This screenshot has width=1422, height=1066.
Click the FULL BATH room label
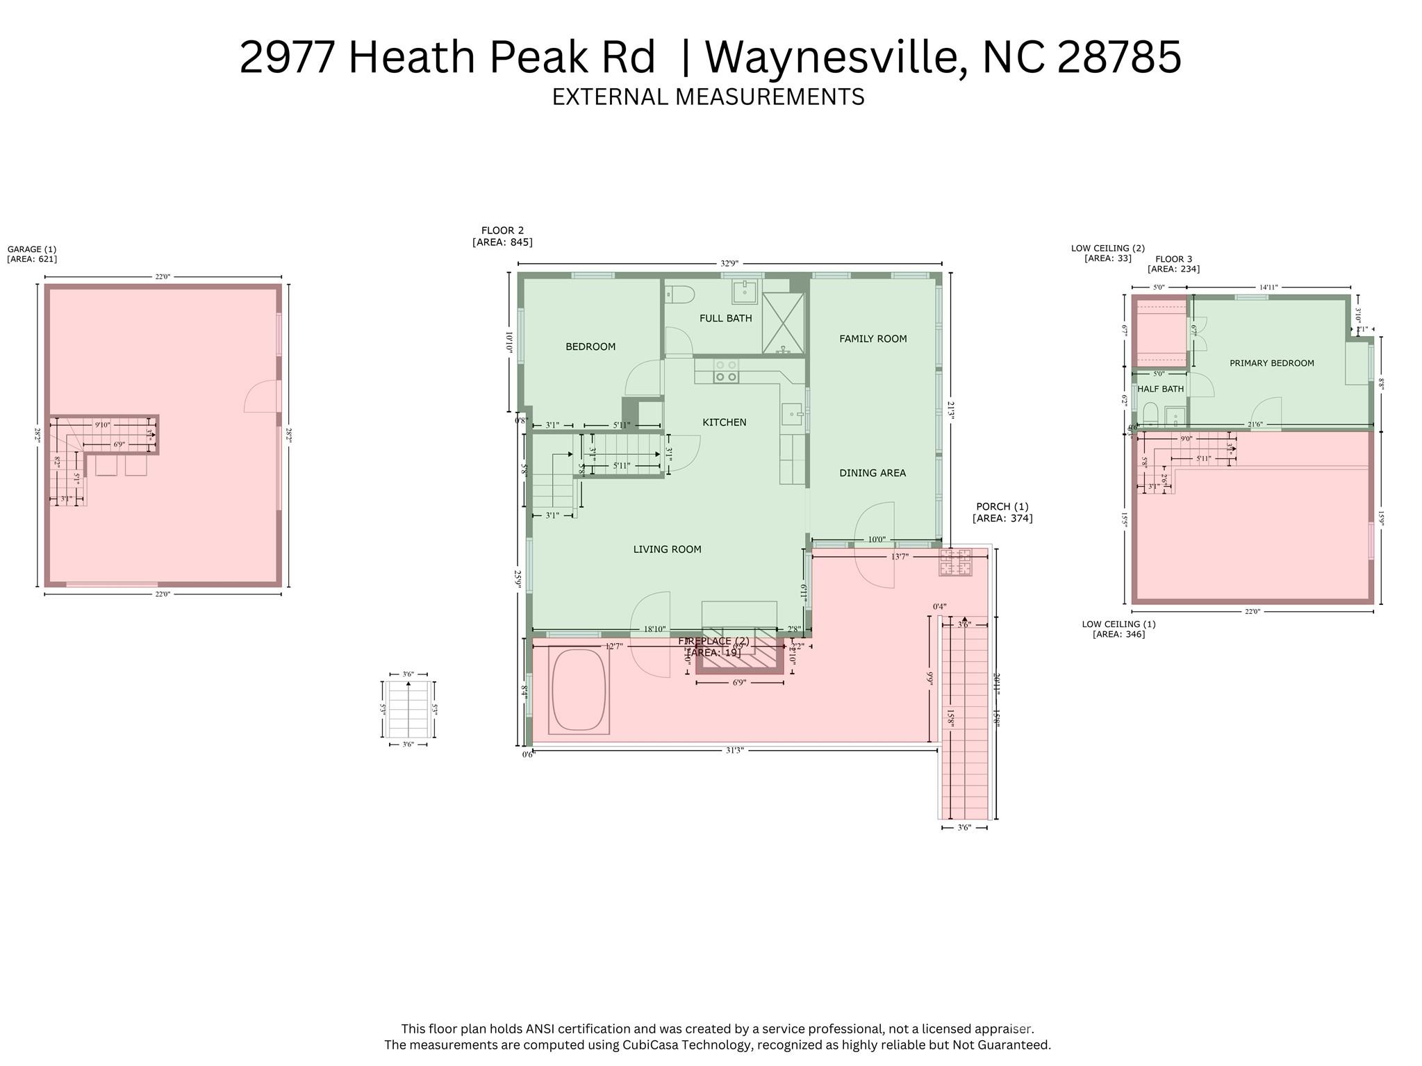coord(725,318)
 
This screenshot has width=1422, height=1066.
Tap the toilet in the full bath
coord(679,295)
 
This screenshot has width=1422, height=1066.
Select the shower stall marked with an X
coord(783,323)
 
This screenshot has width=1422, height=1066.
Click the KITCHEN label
coord(724,422)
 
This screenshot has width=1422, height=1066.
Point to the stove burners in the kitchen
coord(726,371)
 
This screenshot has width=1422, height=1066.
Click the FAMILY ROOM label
coord(873,339)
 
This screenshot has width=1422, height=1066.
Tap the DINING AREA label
coord(872,473)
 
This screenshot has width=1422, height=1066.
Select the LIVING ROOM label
coord(667,549)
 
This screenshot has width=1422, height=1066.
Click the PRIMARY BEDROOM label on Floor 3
coord(1271,363)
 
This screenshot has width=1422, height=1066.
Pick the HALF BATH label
coord(1160,389)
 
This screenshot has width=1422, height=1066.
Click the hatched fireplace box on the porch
coord(739,655)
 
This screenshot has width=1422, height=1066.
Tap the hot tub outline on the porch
coord(578,690)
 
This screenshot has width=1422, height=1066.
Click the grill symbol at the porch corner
coord(955,562)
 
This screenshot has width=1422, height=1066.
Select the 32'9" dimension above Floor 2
coord(729,264)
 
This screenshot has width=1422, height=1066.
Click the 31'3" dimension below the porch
coord(734,750)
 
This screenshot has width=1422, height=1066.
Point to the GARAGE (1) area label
coord(31,254)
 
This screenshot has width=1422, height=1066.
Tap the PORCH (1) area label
coord(1002,513)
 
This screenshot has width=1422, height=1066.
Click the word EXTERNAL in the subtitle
coord(608,97)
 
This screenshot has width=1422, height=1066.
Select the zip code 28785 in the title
coord(1118,57)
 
